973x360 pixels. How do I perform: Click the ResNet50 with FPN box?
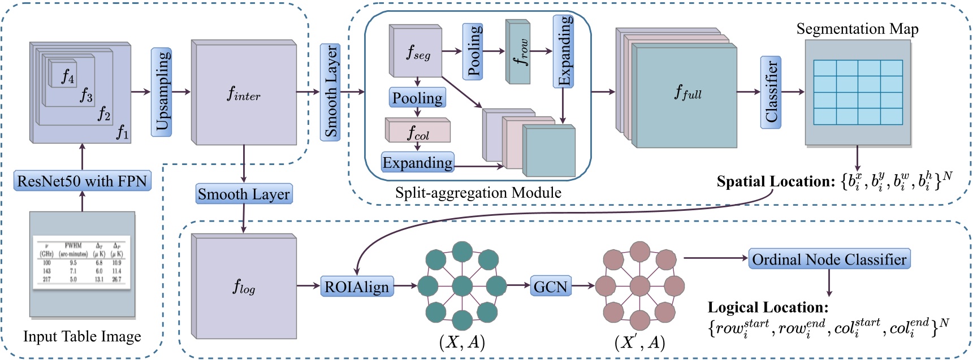[x=83, y=181]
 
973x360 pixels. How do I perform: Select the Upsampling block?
[x=161, y=92]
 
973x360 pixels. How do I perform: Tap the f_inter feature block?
[x=244, y=94]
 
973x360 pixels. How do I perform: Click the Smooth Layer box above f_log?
[x=244, y=194]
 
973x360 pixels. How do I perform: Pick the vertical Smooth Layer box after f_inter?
[x=330, y=92]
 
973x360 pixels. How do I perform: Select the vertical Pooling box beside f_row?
[x=473, y=51]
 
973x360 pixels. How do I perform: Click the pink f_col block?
[x=418, y=132]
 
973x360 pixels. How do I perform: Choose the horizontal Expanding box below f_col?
[x=417, y=163]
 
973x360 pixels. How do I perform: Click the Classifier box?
[x=771, y=92]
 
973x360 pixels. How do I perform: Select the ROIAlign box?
[x=357, y=287]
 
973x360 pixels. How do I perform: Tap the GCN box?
[x=550, y=287]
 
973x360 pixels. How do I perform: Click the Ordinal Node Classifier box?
[x=829, y=259]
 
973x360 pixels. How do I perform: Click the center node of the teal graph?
[x=462, y=286]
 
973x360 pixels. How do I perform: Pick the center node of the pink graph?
[x=639, y=286]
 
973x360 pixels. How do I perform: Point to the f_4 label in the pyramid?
[x=68, y=76]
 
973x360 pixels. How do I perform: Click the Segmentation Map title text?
[x=857, y=29]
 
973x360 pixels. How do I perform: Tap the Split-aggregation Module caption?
[x=478, y=193]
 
